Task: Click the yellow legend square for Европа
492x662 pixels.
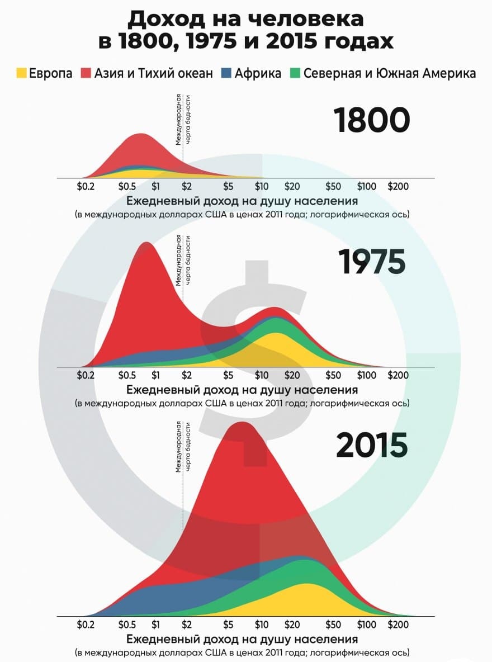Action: tap(21, 73)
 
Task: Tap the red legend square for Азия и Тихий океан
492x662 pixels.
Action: tap(86, 73)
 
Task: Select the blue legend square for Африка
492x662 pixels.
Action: tap(226, 73)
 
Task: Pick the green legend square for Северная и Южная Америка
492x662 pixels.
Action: tap(295, 73)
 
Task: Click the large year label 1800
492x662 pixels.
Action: tap(372, 120)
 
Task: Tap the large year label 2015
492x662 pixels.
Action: tap(372, 445)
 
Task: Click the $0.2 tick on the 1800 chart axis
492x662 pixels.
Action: tap(86, 186)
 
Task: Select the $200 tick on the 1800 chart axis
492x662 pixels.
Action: tap(398, 186)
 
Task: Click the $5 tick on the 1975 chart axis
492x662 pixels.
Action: tap(228, 375)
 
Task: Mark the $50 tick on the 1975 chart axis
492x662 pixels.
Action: tap(333, 375)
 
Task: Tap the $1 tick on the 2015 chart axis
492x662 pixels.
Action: tap(156, 625)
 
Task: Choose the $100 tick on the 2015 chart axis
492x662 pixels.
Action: tap(367, 625)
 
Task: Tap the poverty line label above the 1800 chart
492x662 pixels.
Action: tap(183, 120)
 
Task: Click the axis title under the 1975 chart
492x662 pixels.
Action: tap(242, 389)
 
